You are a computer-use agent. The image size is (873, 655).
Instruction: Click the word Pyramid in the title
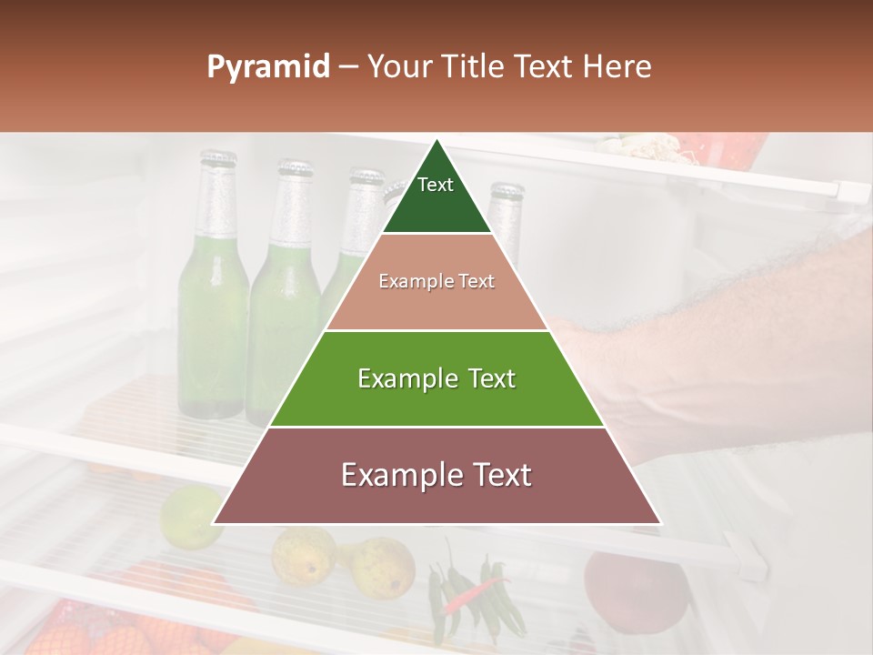267,67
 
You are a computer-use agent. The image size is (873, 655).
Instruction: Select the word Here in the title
617,66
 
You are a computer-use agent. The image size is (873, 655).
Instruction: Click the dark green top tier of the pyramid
436,196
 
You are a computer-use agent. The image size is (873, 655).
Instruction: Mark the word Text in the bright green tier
486,378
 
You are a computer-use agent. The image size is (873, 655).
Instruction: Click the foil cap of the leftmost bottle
218,165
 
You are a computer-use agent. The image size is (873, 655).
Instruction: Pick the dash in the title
347,66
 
